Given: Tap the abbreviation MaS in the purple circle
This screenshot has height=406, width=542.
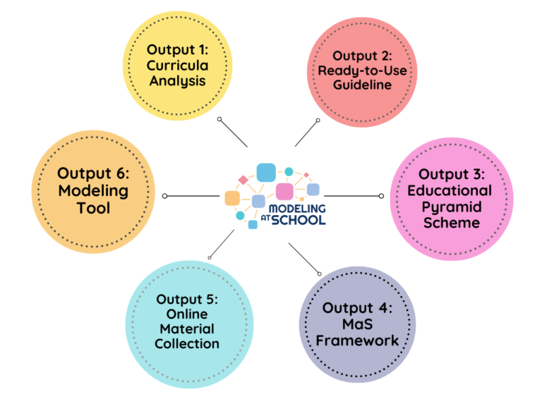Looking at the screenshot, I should (357, 324).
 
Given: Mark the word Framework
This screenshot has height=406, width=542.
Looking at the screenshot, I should (357, 340).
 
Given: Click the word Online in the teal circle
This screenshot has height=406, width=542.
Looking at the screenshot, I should (187, 314).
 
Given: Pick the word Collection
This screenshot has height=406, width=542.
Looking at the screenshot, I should (187, 344).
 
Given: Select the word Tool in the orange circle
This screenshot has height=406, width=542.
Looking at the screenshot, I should (93, 208).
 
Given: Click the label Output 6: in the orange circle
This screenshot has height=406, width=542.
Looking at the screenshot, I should (93, 173).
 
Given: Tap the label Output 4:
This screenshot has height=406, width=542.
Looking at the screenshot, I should (357, 308).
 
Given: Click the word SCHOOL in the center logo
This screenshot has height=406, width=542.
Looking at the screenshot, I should (299, 219).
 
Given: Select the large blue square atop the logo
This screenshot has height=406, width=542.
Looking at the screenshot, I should (265, 171).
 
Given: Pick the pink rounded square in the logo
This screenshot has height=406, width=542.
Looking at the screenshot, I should (284, 191).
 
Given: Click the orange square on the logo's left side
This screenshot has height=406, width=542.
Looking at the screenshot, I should (231, 198).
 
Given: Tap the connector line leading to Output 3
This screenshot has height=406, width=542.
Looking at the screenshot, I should (351, 196).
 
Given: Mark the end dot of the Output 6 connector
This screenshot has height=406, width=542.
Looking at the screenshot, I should (164, 196).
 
